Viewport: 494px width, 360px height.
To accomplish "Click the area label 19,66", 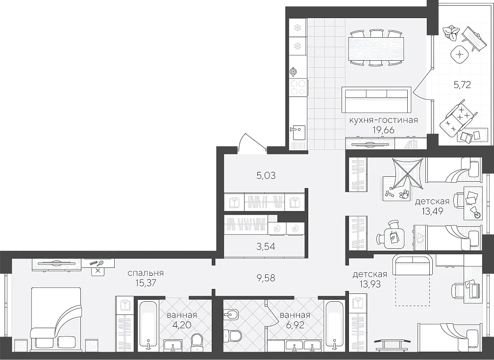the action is point(383,130).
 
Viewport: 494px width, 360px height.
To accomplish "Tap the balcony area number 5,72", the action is point(462,84).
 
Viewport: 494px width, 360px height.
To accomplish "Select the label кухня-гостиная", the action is point(383,120).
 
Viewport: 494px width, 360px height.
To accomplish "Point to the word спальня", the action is point(146,273).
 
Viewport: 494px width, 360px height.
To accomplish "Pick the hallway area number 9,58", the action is point(266,278).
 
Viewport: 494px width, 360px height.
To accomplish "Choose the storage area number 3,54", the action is point(266,246).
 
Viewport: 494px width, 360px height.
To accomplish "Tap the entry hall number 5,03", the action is point(266,175).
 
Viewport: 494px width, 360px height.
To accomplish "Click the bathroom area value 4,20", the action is point(182,324).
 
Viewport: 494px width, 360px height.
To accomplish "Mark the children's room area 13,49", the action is point(433,211).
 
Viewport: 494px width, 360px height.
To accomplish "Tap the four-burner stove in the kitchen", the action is point(298,87).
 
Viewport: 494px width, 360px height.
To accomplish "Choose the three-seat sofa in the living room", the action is point(377,99).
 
